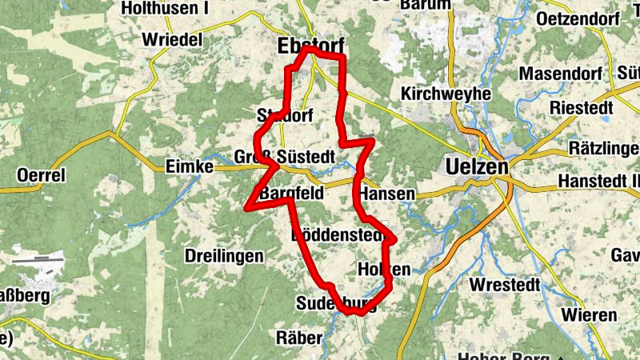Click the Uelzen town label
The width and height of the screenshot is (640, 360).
click(x=475, y=167)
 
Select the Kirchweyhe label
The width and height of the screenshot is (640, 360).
click(x=446, y=94)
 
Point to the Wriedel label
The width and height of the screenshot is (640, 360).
click(x=171, y=39)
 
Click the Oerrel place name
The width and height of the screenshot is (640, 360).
click(x=41, y=174)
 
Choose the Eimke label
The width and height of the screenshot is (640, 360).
click(x=189, y=166)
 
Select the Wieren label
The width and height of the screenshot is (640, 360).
click(x=589, y=315)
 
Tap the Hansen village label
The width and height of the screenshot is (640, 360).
click(x=387, y=194)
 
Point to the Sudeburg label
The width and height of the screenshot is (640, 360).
click(x=335, y=303)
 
